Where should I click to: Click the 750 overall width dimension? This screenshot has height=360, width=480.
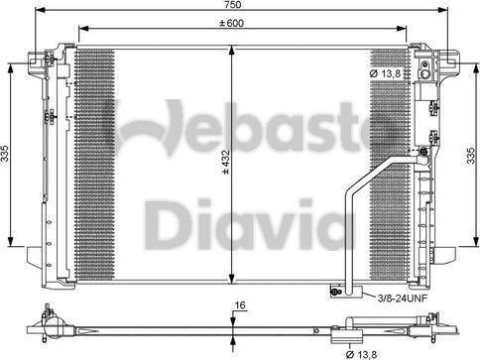tap(242, 7)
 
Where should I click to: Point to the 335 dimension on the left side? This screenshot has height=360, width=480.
tap(6, 154)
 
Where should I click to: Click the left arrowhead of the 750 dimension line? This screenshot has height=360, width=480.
tap(35, 15)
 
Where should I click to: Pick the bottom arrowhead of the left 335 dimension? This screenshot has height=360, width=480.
tap(12, 245)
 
